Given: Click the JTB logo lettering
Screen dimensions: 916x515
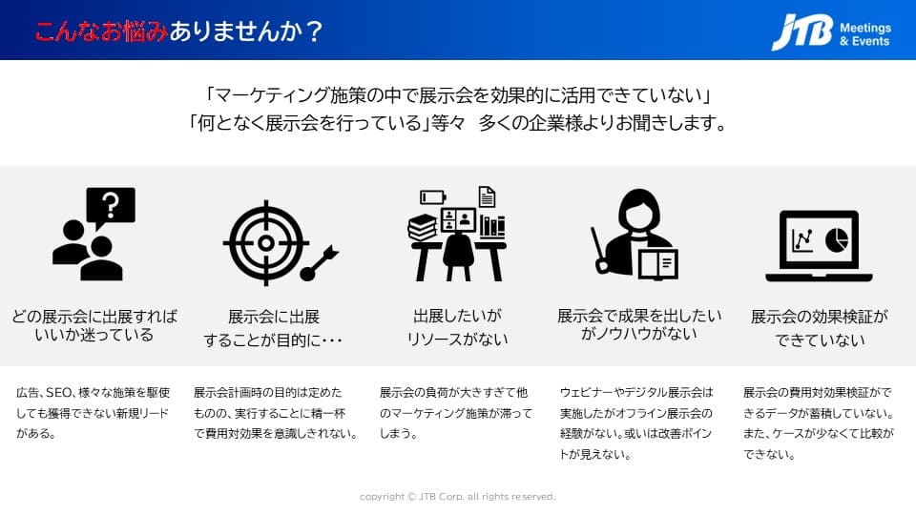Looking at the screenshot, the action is [x=802, y=31].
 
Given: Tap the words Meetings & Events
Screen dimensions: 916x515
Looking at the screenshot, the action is [x=865, y=34].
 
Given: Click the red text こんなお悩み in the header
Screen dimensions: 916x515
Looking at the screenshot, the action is [x=101, y=31].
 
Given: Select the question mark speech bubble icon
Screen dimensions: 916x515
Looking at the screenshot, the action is [x=111, y=206].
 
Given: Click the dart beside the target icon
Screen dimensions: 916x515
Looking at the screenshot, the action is [x=319, y=263].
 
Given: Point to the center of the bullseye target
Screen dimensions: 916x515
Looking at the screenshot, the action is [x=266, y=243].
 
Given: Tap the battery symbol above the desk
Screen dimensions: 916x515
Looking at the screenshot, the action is [x=433, y=197].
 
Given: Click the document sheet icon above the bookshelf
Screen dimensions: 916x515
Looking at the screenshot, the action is [x=487, y=196].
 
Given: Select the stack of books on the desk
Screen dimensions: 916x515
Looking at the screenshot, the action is [x=423, y=227].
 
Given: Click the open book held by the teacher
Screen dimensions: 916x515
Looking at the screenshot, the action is [x=658, y=264].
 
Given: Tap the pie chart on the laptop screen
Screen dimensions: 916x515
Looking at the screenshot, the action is [x=836, y=238].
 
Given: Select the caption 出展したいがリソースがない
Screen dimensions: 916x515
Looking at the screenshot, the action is [x=457, y=327].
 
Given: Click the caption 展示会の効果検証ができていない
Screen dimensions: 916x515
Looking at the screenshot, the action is [x=820, y=328].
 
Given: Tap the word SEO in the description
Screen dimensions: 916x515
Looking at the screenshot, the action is [x=58, y=392].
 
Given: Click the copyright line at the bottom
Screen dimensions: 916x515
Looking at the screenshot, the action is [x=457, y=497].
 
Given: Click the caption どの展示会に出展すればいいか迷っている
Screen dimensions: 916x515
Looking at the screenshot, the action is [x=94, y=325].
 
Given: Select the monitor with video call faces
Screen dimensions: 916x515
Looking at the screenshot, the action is [x=458, y=220].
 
